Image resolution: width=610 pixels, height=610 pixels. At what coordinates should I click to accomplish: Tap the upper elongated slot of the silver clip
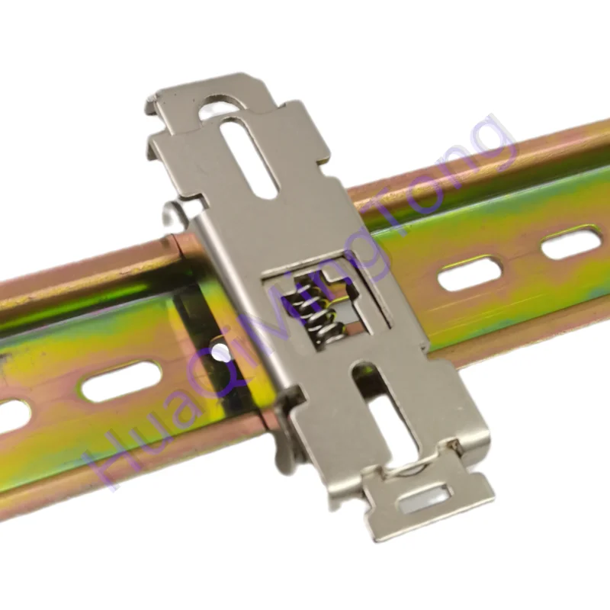click(x=250, y=159)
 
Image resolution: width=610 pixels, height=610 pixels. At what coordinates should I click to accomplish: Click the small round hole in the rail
click(x=220, y=352)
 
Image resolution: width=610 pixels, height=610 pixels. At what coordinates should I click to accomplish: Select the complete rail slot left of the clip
click(x=121, y=381)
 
